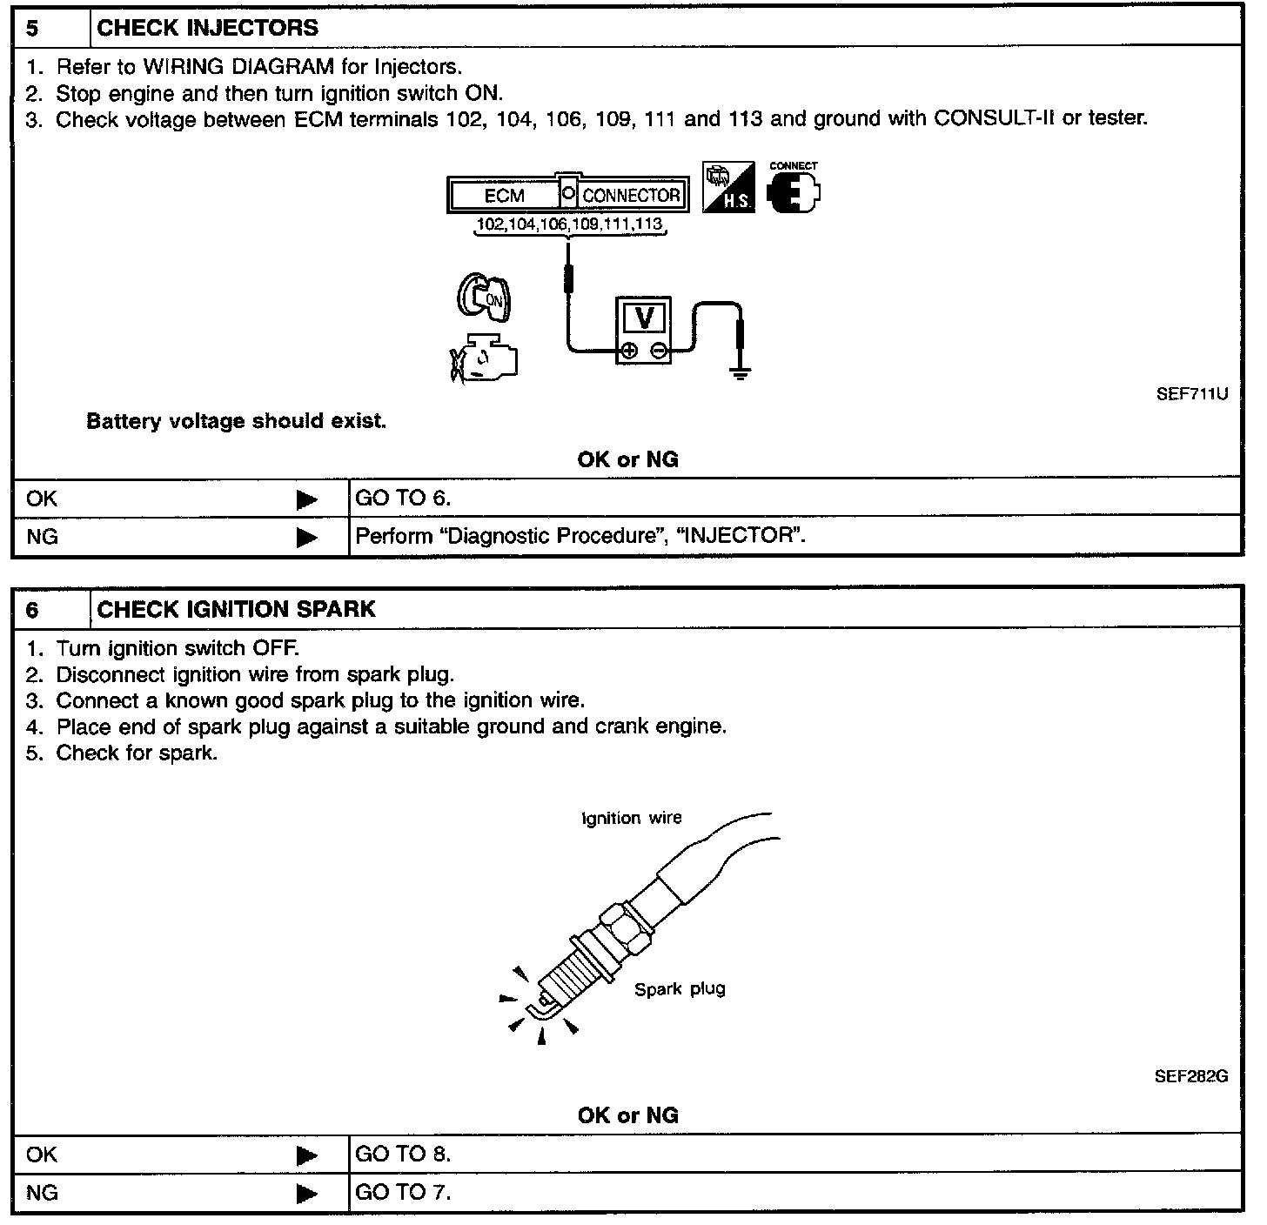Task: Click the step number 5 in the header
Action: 32,28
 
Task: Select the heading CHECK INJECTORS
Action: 208,28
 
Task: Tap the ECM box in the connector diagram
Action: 504,196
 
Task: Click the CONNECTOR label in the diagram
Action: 631,196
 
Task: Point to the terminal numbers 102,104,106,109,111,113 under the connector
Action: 570,224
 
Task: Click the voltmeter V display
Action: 645,318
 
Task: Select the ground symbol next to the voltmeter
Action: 740,375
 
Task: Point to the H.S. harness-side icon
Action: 728,188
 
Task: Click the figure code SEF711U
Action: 1191,394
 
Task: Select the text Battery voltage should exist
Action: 236,422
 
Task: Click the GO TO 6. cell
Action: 404,498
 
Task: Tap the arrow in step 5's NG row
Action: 306,537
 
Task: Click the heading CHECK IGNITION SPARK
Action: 236,609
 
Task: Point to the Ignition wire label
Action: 632,819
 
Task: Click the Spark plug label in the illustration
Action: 680,989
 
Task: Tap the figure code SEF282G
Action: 1191,1076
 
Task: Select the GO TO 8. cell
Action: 404,1155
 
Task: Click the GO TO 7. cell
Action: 404,1192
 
